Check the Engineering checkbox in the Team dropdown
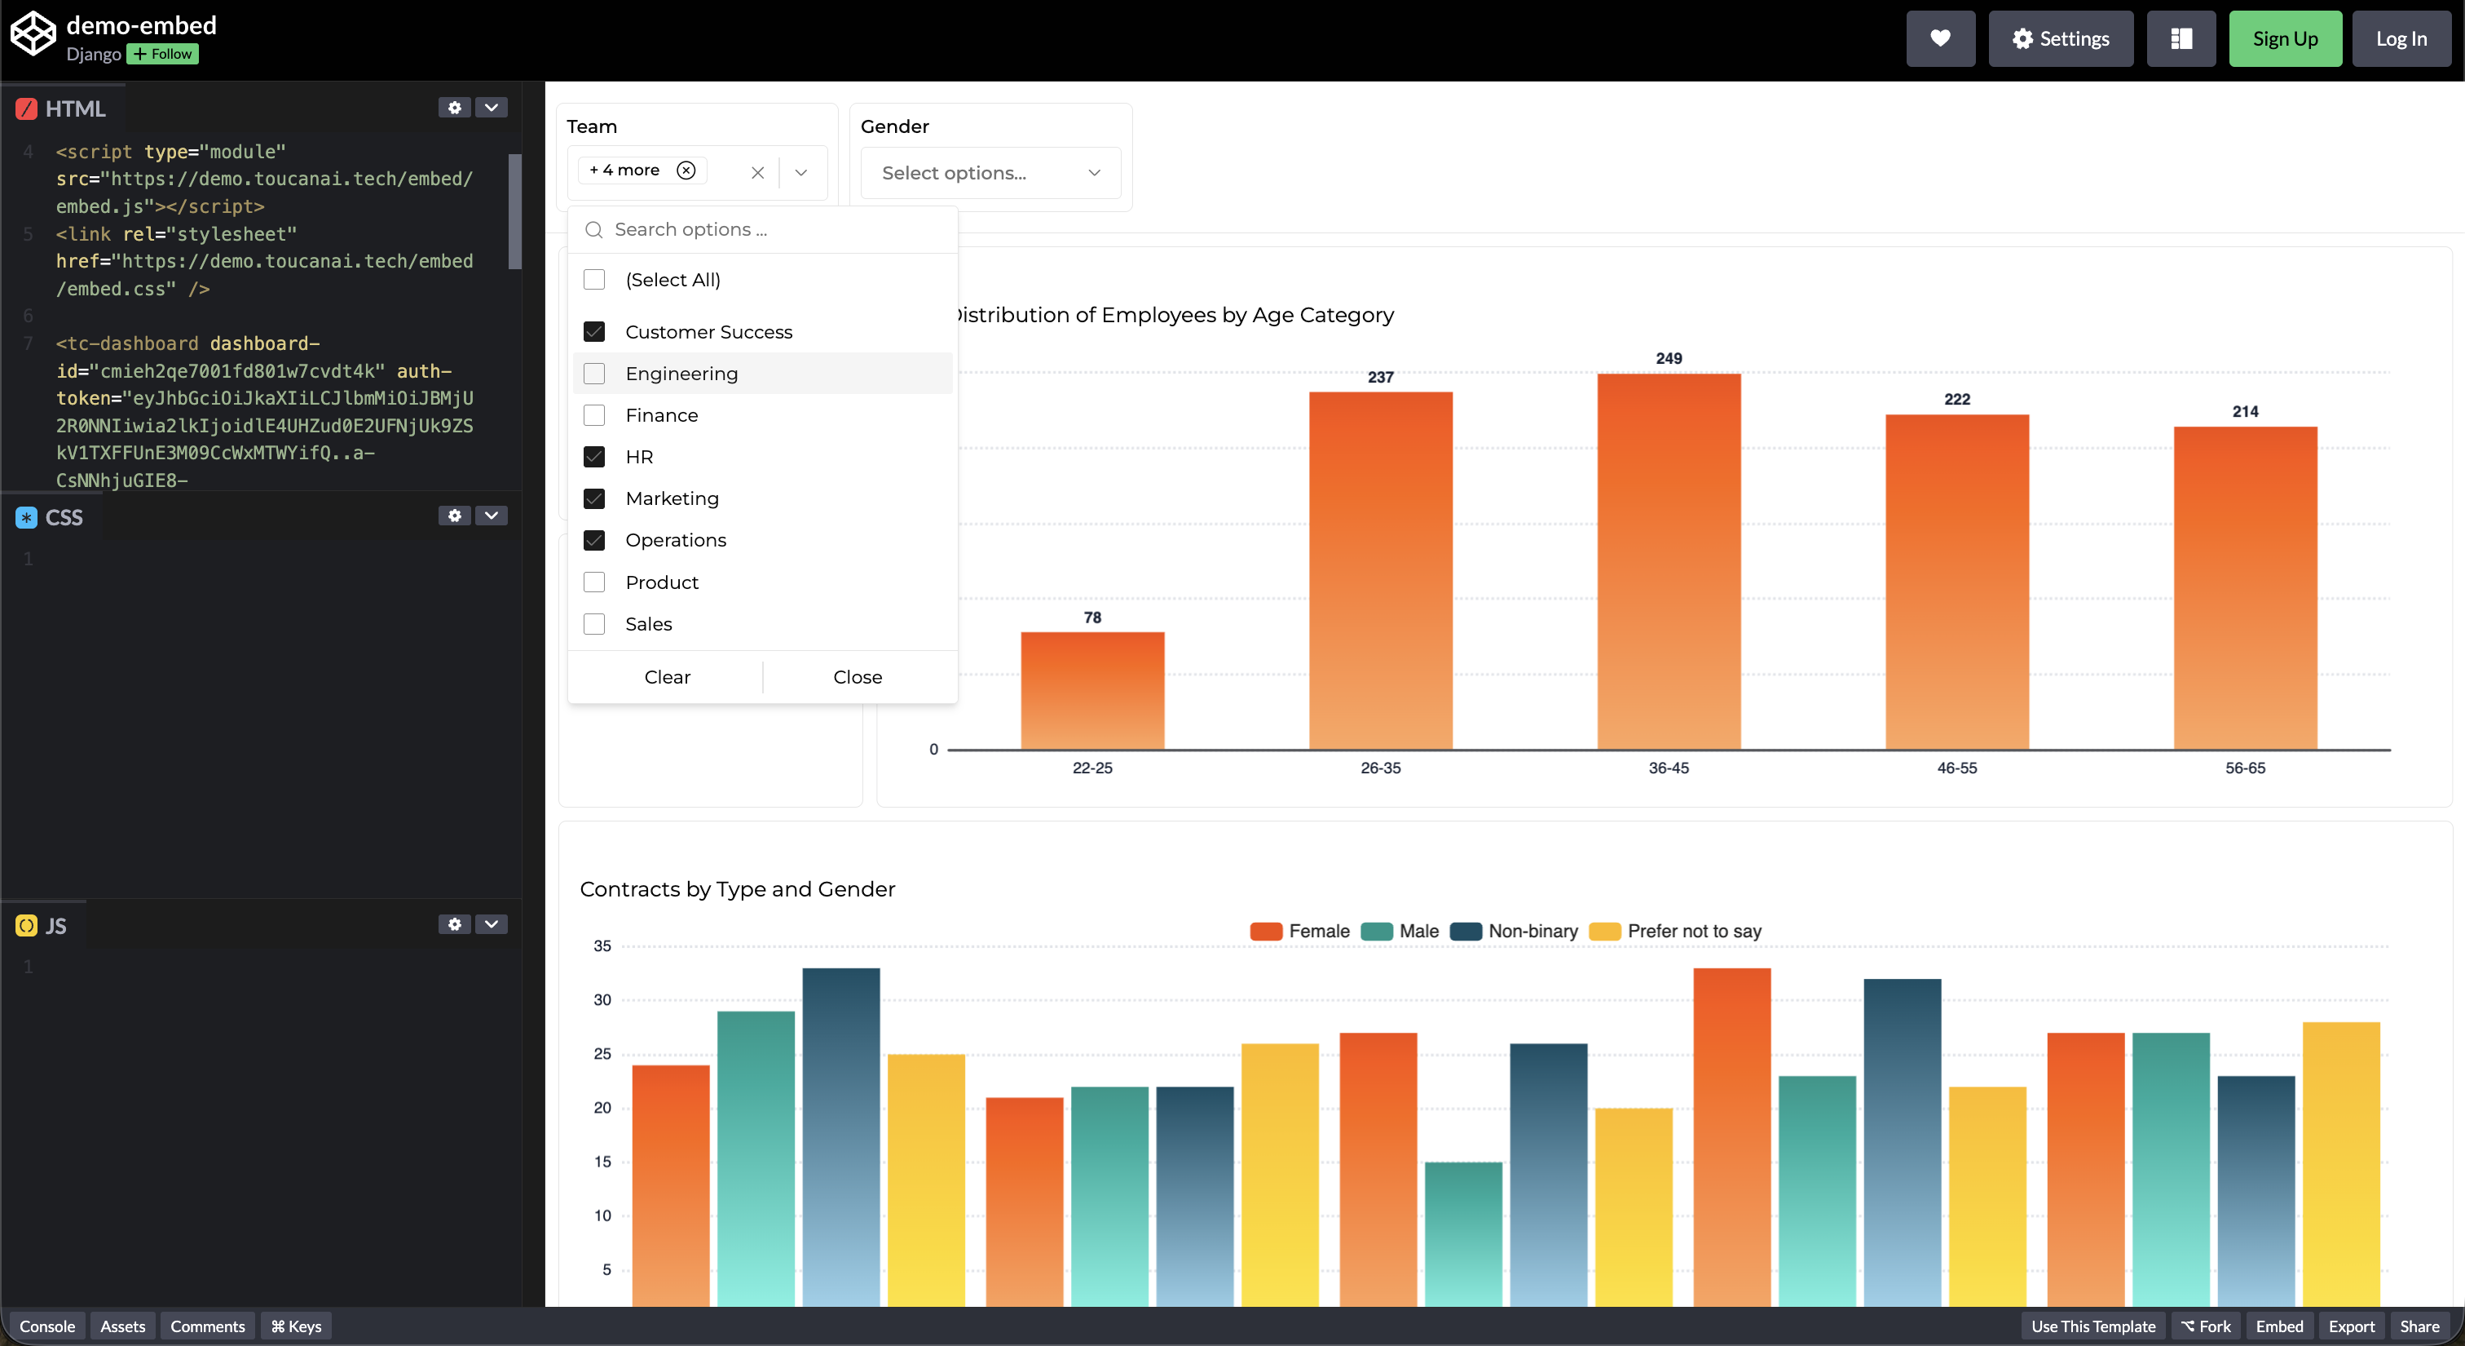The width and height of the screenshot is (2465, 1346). tap(594, 374)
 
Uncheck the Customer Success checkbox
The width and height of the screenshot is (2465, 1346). tap(594, 332)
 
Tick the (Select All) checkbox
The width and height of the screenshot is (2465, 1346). tap(594, 280)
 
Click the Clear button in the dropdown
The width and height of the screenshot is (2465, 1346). tap(667, 677)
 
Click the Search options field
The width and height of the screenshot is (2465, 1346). tap(775, 230)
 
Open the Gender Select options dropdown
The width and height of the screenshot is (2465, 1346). tap(990, 173)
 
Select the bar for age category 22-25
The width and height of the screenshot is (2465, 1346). tap(1091, 690)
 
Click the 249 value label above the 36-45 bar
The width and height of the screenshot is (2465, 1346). tap(1668, 358)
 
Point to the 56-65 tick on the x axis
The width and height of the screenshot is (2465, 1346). tap(2244, 768)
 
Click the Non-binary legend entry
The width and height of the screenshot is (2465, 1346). tap(1514, 932)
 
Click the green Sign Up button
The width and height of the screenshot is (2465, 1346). tap(2284, 39)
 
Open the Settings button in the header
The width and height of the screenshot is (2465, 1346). tap(2060, 39)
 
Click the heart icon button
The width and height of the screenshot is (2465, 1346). tap(1940, 39)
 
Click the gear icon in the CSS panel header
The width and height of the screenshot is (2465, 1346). tap(455, 516)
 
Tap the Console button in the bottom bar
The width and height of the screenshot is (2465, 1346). tap(47, 1326)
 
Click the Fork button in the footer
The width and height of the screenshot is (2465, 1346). tap(2205, 1326)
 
